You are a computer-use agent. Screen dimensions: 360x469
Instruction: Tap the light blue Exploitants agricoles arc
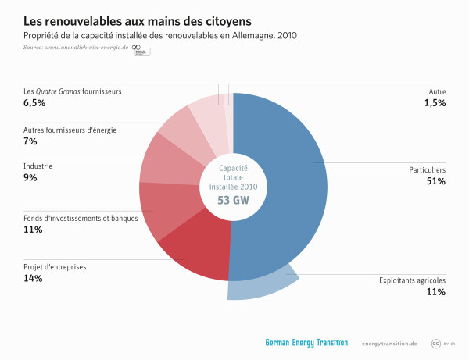click(262, 287)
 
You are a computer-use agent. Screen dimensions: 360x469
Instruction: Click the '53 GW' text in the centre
click(233, 199)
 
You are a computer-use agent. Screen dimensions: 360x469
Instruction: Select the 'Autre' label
click(435, 91)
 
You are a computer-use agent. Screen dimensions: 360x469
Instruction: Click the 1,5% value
click(435, 103)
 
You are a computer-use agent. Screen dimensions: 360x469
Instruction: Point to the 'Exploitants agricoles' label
click(412, 280)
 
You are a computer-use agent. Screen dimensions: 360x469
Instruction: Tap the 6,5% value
click(35, 103)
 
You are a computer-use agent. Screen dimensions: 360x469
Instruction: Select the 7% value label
click(30, 141)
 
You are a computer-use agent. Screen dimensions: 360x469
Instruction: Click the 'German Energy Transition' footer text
click(306, 343)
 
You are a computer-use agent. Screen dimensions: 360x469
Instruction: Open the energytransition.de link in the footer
click(389, 344)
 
